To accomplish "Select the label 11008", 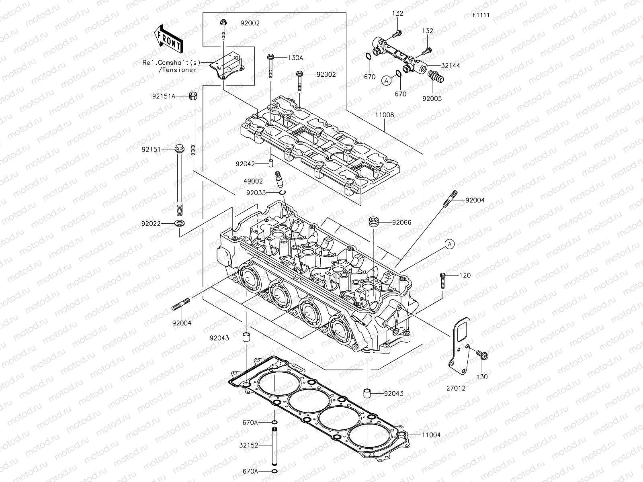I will click(385, 115).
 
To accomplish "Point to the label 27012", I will click(456, 389).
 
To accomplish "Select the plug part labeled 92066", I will click(374, 223).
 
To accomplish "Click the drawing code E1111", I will click(481, 15).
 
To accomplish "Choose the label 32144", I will click(451, 65).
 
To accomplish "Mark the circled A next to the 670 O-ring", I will click(386, 80).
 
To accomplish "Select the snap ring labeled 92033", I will click(283, 193).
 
